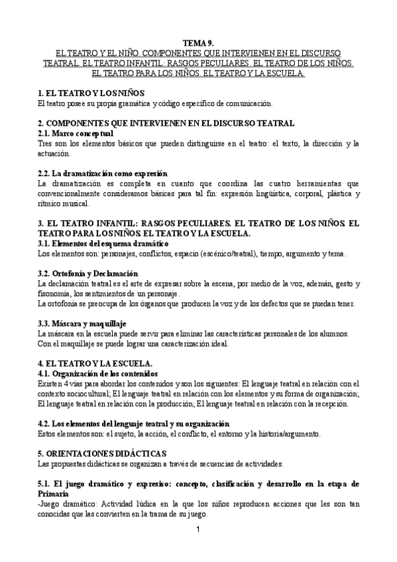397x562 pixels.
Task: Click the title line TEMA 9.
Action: (198, 42)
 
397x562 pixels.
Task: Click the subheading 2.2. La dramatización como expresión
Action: (103, 173)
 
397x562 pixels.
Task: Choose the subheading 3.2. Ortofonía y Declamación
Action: (87, 274)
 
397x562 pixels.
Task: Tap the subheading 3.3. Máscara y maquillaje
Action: (82, 323)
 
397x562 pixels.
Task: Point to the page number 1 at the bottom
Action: (198, 530)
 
